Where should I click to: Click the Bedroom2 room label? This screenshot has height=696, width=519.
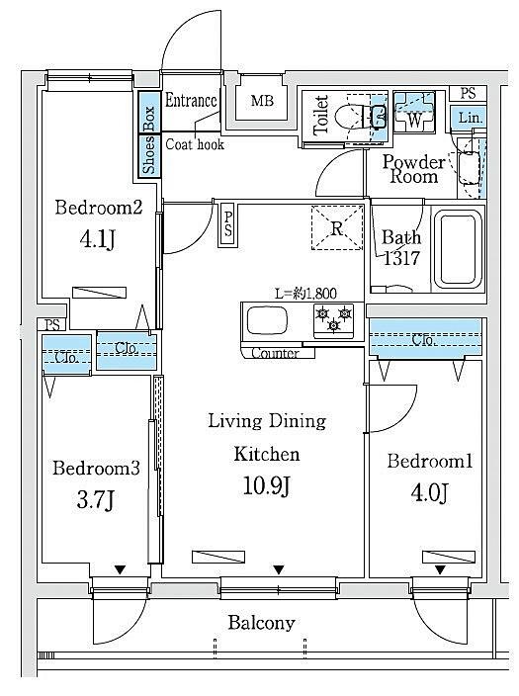click(99, 208)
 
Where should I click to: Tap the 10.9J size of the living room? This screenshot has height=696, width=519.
click(266, 485)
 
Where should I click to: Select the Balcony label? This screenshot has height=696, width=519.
click(262, 623)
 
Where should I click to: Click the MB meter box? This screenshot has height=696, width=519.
click(262, 101)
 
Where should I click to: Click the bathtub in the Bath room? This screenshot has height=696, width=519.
click(458, 249)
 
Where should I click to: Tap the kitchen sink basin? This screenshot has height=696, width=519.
click(267, 320)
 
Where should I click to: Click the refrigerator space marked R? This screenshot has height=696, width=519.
click(337, 227)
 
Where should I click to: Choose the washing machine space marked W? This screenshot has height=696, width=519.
click(414, 113)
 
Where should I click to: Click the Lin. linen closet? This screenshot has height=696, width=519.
click(470, 118)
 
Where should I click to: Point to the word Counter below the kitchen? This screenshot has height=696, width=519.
click(275, 353)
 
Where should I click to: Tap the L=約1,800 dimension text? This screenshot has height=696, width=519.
click(305, 294)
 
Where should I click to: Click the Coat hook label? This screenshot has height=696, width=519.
click(195, 144)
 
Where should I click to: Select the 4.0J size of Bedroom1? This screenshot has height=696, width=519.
click(430, 492)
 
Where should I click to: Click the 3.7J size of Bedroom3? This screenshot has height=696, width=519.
click(96, 499)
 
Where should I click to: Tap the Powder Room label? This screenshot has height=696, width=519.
click(414, 169)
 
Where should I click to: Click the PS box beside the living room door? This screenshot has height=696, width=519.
click(227, 224)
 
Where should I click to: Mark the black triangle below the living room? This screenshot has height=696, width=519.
click(279, 569)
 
